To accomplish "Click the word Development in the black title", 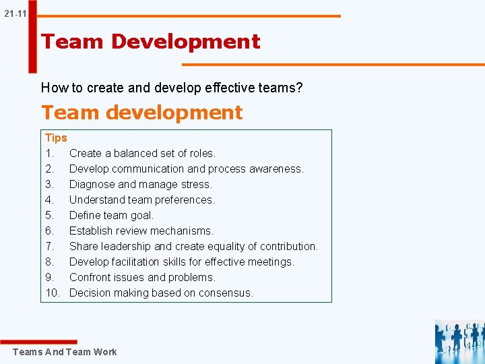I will point(185,41).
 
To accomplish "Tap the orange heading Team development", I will point(141,112).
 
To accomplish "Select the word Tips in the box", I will point(56,138).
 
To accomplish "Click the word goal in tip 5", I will point(142,215).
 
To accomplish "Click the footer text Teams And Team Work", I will point(64,352).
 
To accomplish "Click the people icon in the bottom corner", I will point(459,342).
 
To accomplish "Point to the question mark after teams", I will point(300,88).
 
